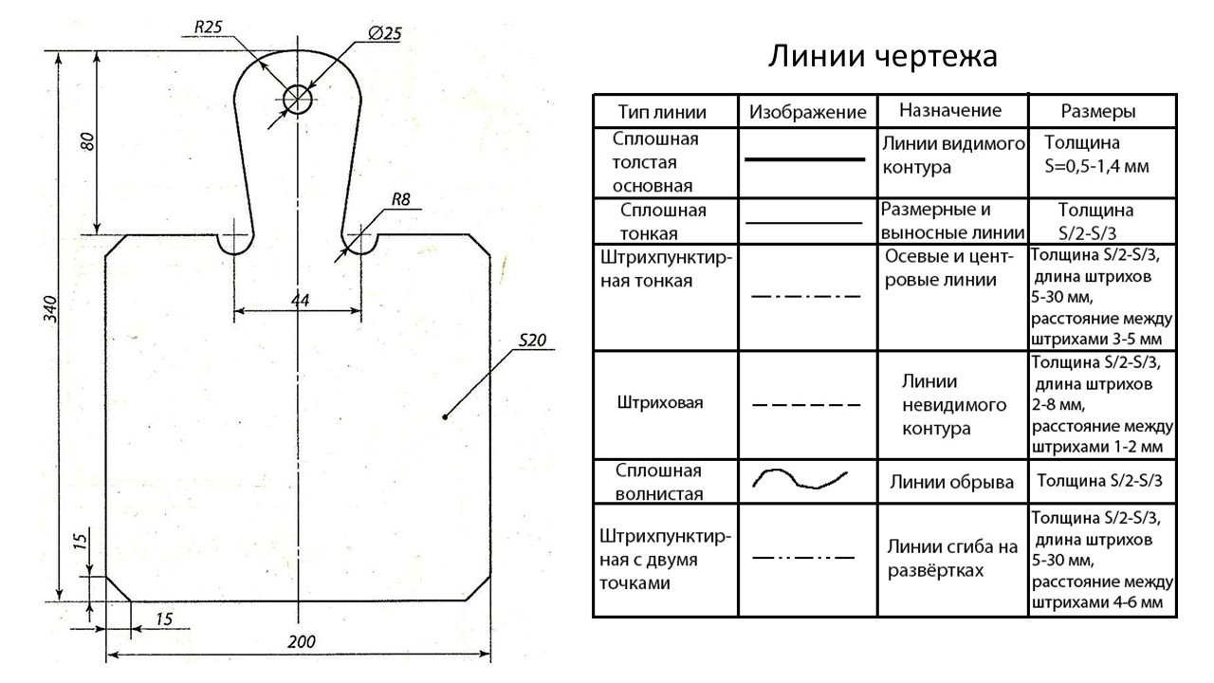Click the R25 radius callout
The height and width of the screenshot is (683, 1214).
coord(208,28)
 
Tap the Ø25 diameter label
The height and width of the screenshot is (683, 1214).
coord(383,33)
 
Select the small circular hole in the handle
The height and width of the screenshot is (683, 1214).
coord(298,99)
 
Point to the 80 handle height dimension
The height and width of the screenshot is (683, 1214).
coord(87,142)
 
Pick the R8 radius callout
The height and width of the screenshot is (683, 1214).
coord(400,200)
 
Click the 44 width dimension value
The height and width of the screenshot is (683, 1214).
coord(300,300)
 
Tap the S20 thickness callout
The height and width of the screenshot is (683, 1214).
coord(533,341)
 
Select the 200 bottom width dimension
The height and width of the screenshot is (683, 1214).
coord(301,641)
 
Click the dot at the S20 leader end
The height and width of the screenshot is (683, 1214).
coord(445,416)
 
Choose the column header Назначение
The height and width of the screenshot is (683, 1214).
coord(950,110)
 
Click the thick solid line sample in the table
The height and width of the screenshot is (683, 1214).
coord(805,160)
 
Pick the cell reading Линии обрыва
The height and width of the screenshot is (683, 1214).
coord(951,482)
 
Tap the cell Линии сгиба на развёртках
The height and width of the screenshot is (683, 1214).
coord(952,559)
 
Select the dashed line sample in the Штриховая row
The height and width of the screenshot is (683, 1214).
coord(806,405)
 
